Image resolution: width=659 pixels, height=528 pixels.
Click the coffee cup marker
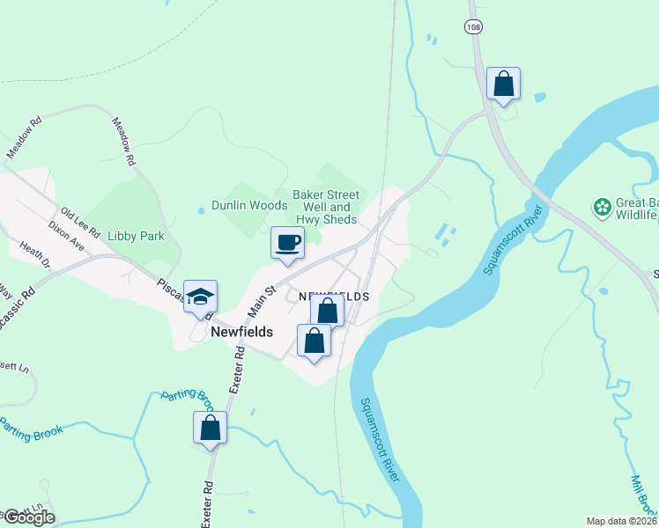tap(287, 243)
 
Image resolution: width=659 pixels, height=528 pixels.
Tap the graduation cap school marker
tap(201, 297)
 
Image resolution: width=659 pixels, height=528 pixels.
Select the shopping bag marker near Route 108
tap(503, 84)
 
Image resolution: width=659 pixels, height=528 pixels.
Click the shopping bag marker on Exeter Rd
tap(211, 429)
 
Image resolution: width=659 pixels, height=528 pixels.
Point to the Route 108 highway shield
tap(474, 27)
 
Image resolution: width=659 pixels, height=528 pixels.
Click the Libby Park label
tap(136, 237)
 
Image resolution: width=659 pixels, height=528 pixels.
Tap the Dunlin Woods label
tap(249, 205)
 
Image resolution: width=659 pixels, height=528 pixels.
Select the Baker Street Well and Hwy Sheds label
tap(326, 207)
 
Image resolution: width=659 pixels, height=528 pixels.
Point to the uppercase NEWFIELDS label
tap(333, 297)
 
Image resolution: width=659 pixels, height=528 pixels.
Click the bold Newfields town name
tap(242, 332)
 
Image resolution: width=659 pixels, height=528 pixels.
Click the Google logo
tap(28, 517)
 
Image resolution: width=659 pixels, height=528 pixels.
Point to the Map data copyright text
tap(622, 520)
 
